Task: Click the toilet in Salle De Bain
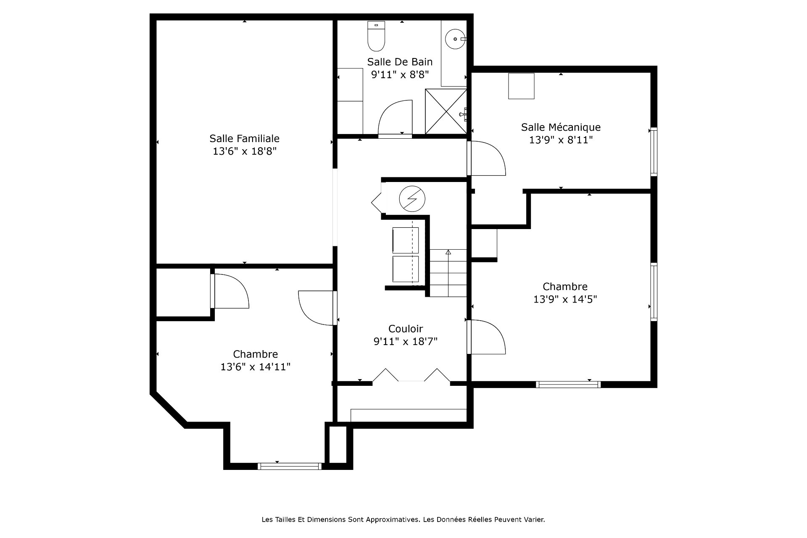pyautogui.click(x=376, y=36)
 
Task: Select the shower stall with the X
pyautogui.click(x=446, y=111)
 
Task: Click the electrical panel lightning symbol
pyautogui.click(x=412, y=198)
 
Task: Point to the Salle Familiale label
pyautogui.click(x=245, y=138)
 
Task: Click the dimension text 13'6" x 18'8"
pyautogui.click(x=245, y=151)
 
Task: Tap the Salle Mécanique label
pyautogui.click(x=561, y=127)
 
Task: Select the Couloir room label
pyautogui.click(x=406, y=329)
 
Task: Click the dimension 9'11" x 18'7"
pyautogui.click(x=406, y=342)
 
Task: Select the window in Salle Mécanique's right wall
pyautogui.click(x=654, y=151)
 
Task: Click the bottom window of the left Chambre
pyautogui.click(x=290, y=466)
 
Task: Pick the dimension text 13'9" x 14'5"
pyautogui.click(x=565, y=299)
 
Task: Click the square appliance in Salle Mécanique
pyautogui.click(x=521, y=86)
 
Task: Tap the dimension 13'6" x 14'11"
pyautogui.click(x=256, y=367)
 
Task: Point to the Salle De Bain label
pyautogui.click(x=400, y=62)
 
